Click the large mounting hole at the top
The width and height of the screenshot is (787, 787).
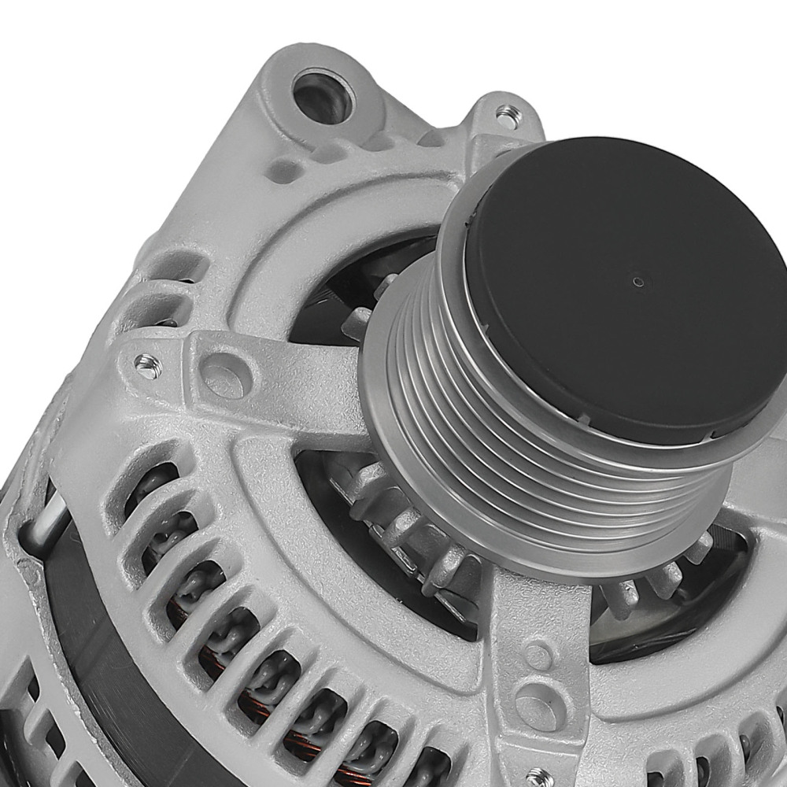[x=323, y=96]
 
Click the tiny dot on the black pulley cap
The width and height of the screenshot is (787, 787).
[x=637, y=281]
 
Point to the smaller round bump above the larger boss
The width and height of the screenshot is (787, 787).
[x=538, y=654]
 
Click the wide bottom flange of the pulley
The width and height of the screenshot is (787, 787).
[x=551, y=543]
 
